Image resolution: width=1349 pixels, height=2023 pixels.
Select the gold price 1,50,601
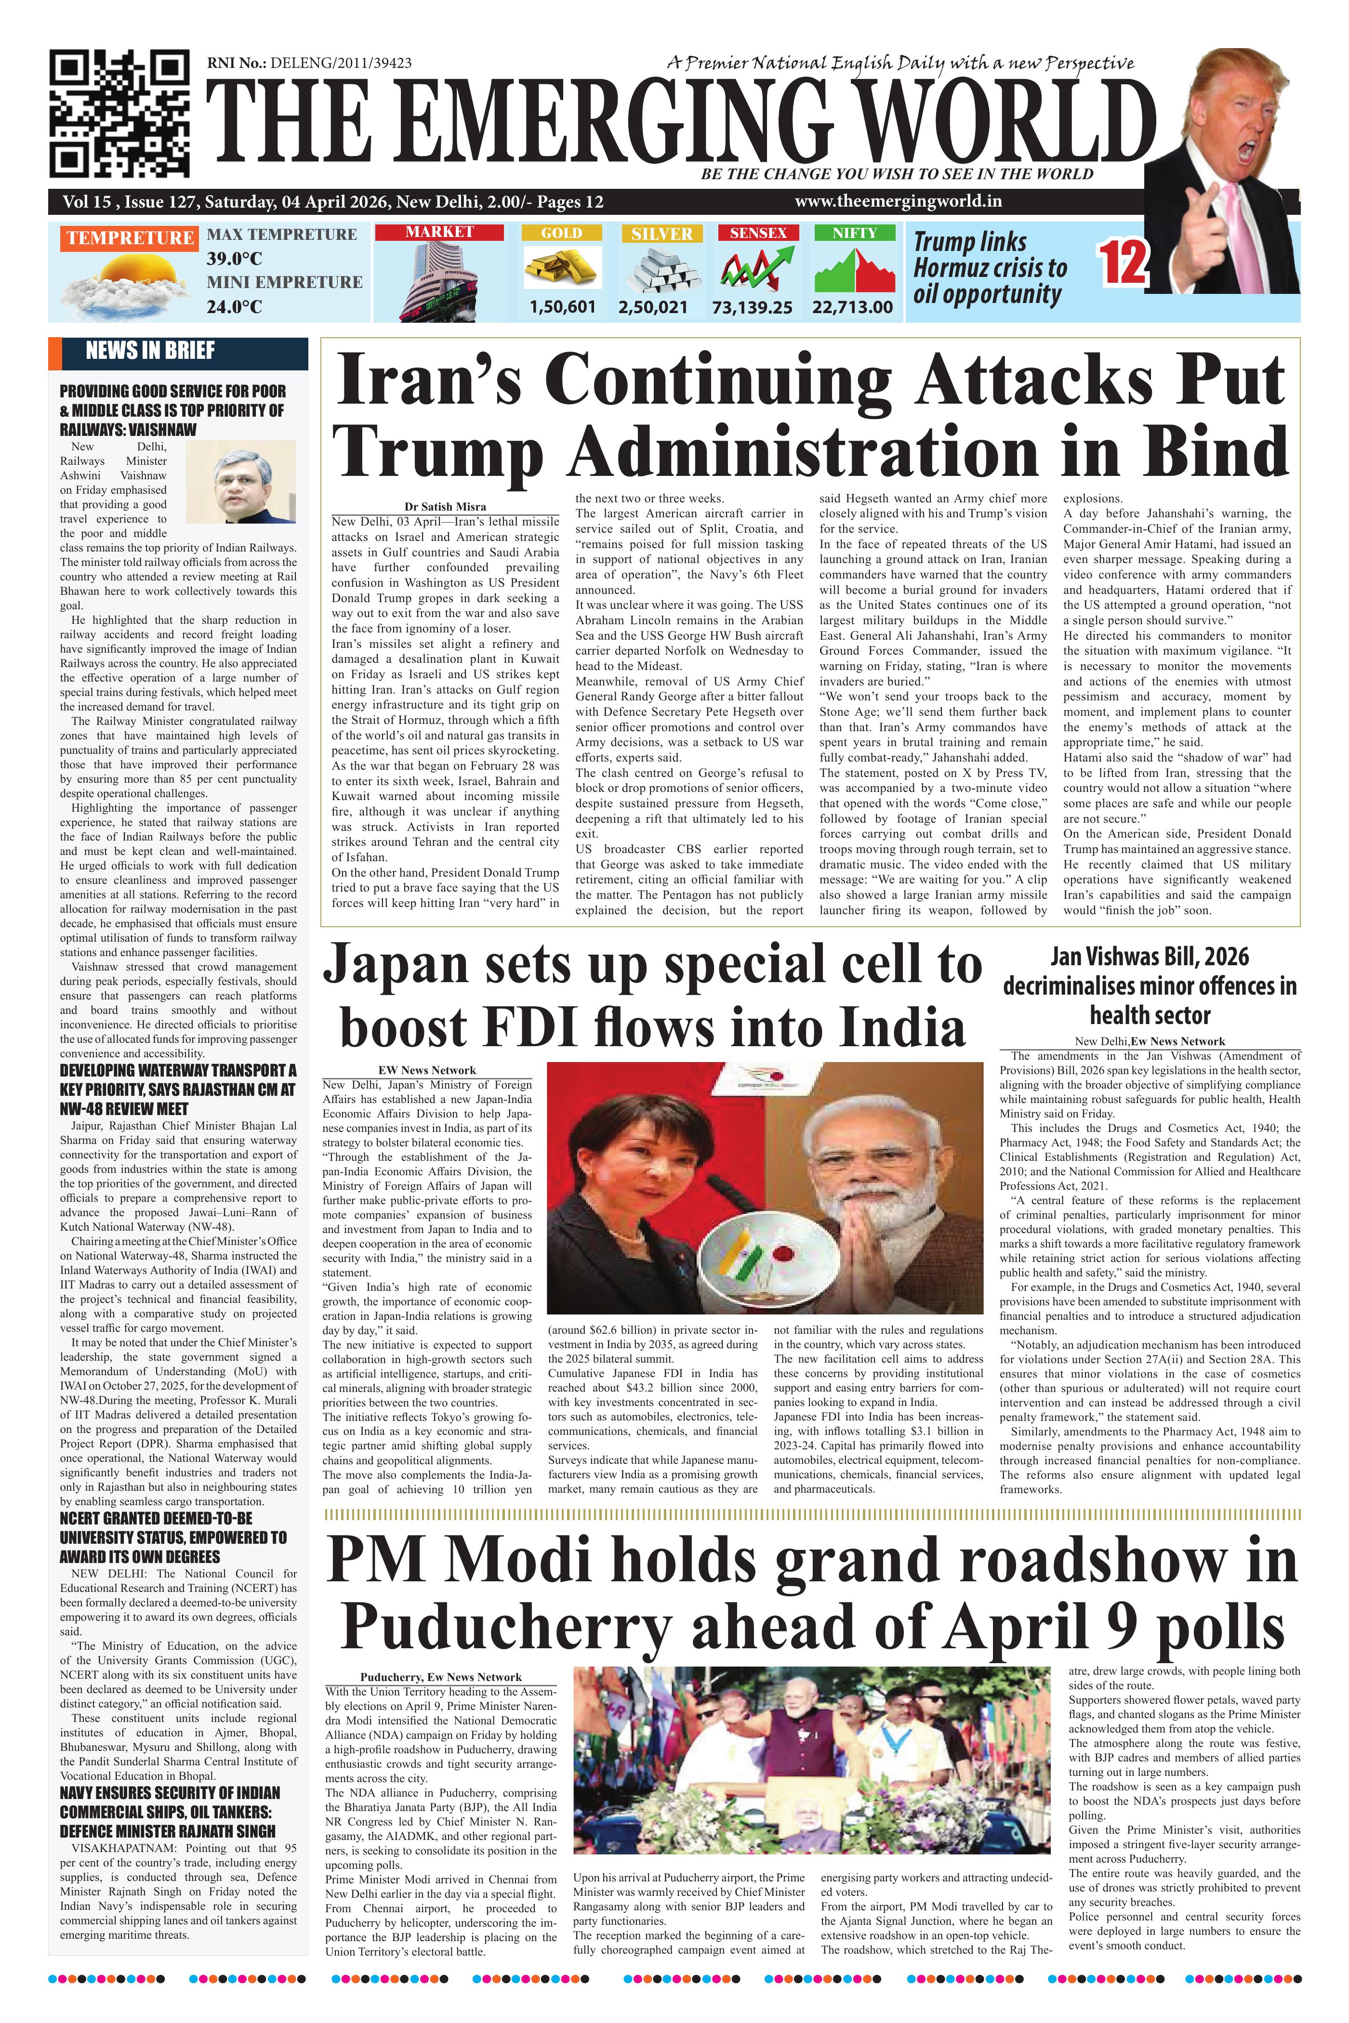[x=563, y=306]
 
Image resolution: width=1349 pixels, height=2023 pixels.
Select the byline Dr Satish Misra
[x=446, y=507]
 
